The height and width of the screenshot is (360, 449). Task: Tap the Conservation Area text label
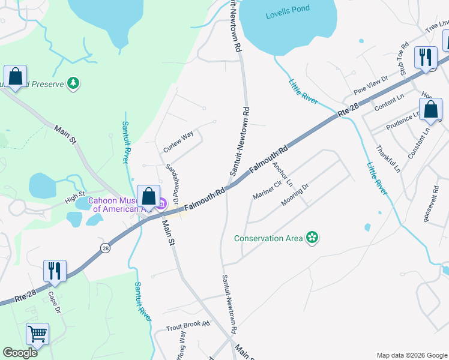pyautogui.click(x=268, y=238)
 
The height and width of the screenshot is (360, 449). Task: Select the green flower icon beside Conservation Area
pyautogui.click(x=312, y=238)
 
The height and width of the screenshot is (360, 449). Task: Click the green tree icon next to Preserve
pyautogui.click(x=73, y=83)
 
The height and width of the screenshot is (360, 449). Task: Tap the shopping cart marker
pyautogui.click(x=37, y=334)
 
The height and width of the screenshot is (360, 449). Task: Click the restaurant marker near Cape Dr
pyautogui.click(x=55, y=271)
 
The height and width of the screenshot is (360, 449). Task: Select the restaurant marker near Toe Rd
pyautogui.click(x=426, y=58)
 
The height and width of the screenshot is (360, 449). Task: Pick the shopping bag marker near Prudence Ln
pyautogui.click(x=430, y=110)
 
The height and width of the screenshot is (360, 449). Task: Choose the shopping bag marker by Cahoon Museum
pyautogui.click(x=148, y=196)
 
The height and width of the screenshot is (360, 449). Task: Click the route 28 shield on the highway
pyautogui.click(x=106, y=248)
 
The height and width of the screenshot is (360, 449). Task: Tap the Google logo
pyautogui.click(x=20, y=353)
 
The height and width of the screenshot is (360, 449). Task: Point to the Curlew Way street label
pyautogui.click(x=178, y=142)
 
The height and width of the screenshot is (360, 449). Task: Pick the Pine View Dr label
pyautogui.click(x=371, y=83)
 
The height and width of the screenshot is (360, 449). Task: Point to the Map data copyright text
pyautogui.click(x=412, y=355)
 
